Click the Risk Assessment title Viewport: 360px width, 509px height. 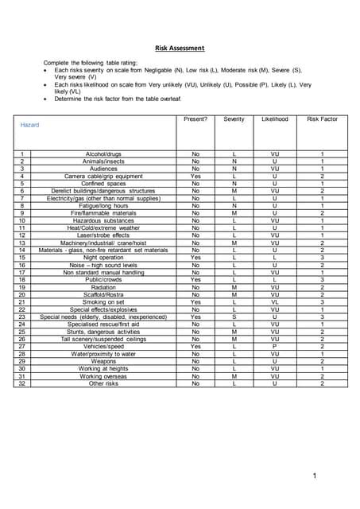pyautogui.click(x=180, y=48)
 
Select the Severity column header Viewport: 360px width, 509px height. pyautogui.click(x=234, y=119)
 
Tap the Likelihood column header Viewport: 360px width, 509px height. pyautogui.click(x=274, y=119)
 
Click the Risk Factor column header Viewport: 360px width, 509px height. pyautogui.click(x=322, y=119)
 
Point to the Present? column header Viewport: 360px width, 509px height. pyautogui.click(x=195, y=119)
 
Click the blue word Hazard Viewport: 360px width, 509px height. pyautogui.click(x=29, y=126)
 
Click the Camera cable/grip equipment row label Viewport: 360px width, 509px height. pyautogui.click(x=103, y=176)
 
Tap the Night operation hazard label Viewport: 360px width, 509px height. pyautogui.click(x=103, y=258)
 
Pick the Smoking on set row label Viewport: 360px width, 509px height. pyautogui.click(x=103, y=302)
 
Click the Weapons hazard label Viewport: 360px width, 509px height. pyautogui.click(x=103, y=361)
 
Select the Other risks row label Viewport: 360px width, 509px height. pyautogui.click(x=103, y=383)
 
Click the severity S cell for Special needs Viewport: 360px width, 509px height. pyautogui.click(x=234, y=317)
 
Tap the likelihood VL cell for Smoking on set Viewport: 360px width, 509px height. pyautogui.click(x=274, y=302)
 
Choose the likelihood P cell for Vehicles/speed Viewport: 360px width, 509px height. pyautogui.click(x=274, y=347)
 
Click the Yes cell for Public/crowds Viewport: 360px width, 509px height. pyautogui.click(x=195, y=280)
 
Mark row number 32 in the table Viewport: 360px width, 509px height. pyautogui.click(x=22, y=383)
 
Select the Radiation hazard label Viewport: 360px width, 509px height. pyautogui.click(x=103, y=287)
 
